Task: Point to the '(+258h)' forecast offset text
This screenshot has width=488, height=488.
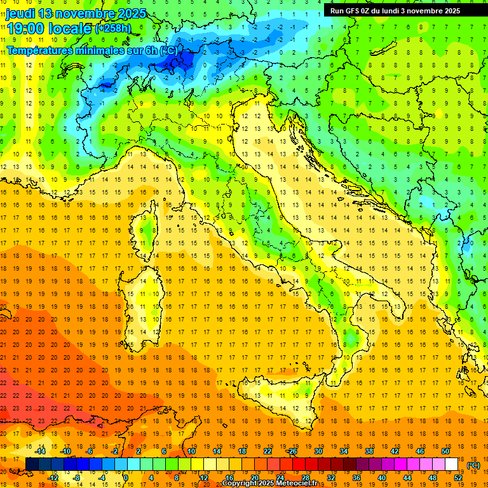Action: [x=113, y=29]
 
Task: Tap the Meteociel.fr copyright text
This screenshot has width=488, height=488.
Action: [x=274, y=483]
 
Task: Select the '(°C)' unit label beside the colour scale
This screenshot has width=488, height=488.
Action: [x=473, y=465]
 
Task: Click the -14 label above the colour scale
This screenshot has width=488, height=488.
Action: [x=41, y=451]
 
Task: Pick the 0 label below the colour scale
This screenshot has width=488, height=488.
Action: [x=126, y=478]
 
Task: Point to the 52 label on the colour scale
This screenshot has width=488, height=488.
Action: [x=458, y=478]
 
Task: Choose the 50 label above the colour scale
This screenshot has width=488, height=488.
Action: [x=445, y=451]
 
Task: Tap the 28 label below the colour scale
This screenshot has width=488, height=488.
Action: [x=306, y=478]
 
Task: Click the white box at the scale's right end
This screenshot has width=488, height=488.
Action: [x=452, y=464]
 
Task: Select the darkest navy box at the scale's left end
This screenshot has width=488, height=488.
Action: [x=32, y=464]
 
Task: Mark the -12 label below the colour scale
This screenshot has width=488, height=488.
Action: [x=53, y=478]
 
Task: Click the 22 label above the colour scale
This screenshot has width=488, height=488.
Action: [x=268, y=451]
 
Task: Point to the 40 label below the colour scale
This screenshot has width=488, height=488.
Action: [x=382, y=478]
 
